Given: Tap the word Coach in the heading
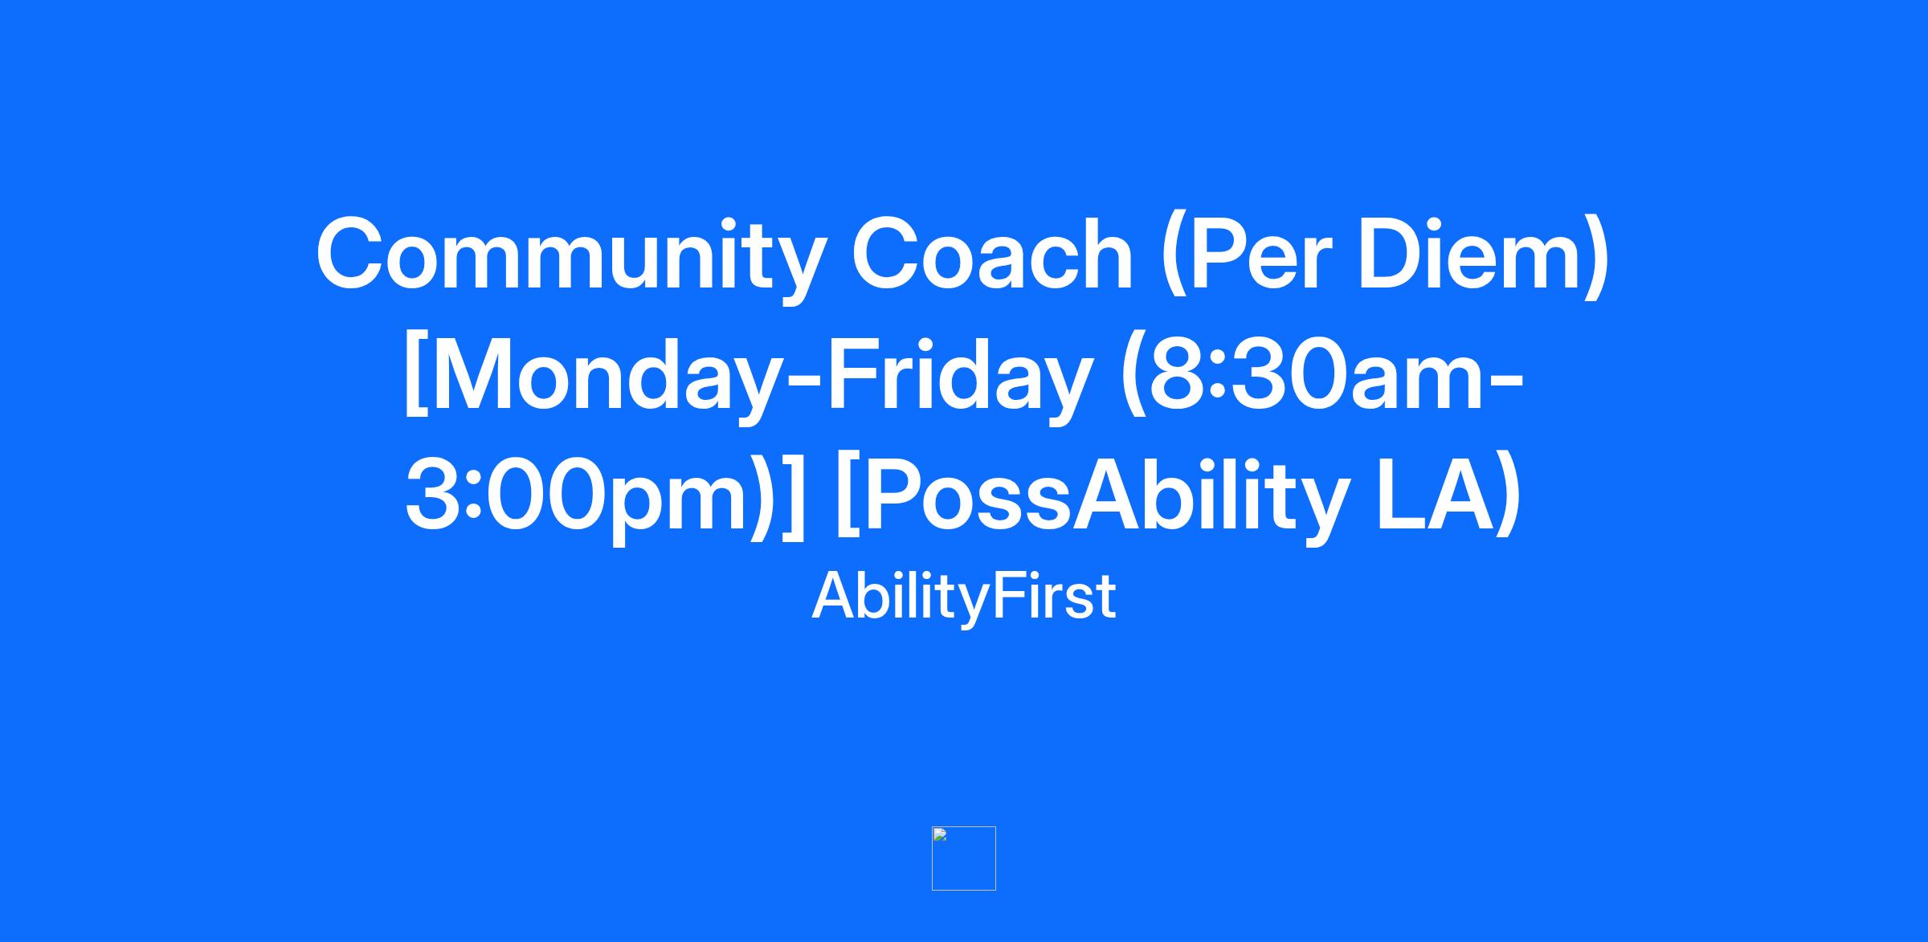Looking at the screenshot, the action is click(x=992, y=254).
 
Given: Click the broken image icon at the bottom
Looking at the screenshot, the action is click(x=964, y=858).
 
